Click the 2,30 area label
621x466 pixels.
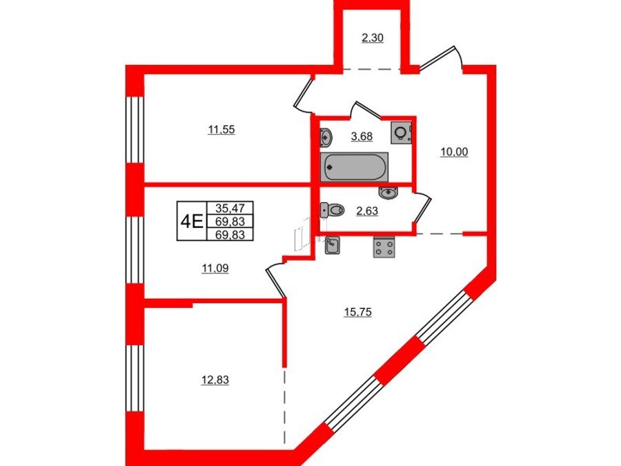point(373,39)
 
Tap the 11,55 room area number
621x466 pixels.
point(221,130)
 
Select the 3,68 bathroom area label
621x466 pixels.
point(362,137)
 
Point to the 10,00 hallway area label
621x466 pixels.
point(454,152)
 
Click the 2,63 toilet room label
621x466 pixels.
point(367,211)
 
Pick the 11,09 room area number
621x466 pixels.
point(215,269)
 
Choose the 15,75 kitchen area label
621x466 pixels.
point(358,313)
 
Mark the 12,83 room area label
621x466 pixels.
point(215,380)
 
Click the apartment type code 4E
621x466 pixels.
point(192,221)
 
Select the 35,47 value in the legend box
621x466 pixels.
point(230,208)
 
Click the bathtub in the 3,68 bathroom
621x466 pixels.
point(355,167)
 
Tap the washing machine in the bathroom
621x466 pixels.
point(401,133)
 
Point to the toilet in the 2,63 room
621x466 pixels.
point(333,210)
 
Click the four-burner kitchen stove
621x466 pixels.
point(384,247)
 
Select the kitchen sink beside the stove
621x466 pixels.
point(332,245)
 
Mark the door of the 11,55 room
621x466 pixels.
point(304,93)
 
